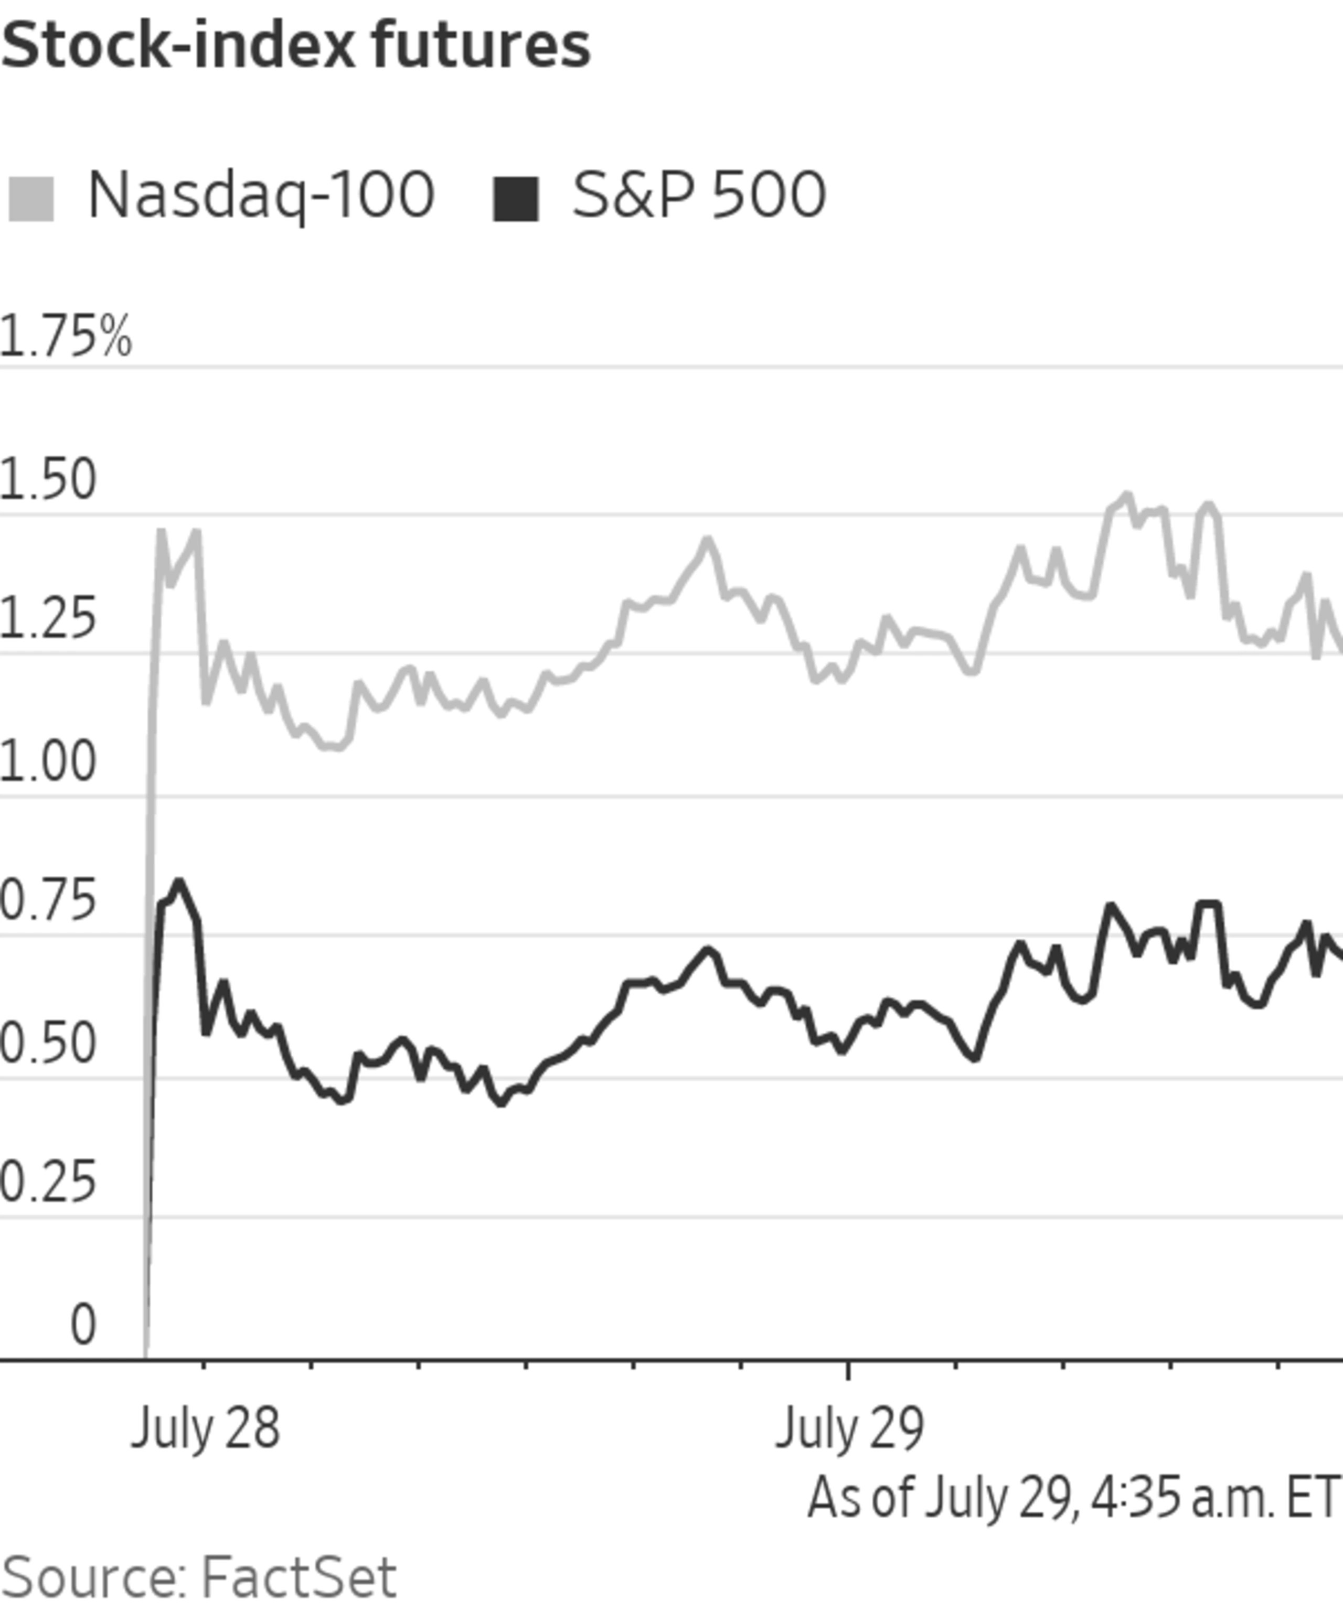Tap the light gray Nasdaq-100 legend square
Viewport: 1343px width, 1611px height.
(x=31, y=199)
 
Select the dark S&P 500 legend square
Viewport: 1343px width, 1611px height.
(x=515, y=199)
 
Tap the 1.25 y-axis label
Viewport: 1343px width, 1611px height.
(x=48, y=619)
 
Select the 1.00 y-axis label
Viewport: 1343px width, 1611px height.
(x=48, y=762)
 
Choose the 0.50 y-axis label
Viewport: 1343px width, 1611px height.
(x=48, y=1043)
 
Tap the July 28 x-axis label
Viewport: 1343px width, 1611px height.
(x=206, y=1429)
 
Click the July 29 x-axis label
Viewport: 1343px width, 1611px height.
(x=849, y=1429)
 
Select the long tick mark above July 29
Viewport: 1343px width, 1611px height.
(x=847, y=1371)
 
